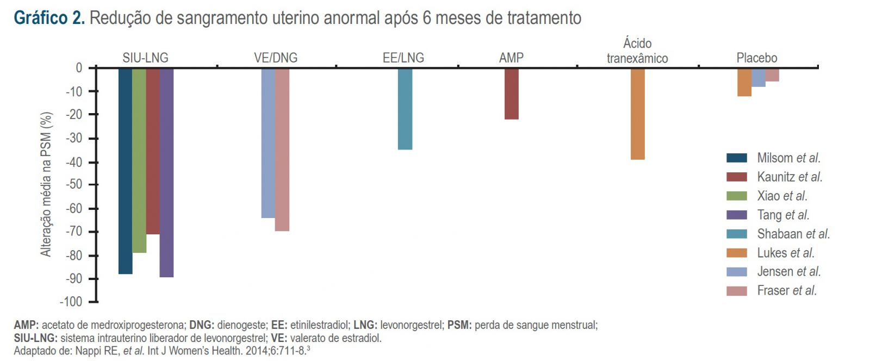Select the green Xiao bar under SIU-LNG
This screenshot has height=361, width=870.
point(139,160)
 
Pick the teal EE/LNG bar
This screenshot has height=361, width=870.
point(405,108)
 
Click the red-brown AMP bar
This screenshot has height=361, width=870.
point(511,93)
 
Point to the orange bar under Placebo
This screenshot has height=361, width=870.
point(744,82)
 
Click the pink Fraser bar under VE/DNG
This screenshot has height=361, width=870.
point(282,149)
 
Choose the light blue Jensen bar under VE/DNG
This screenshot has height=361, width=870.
point(268,142)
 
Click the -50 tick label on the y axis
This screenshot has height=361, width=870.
point(74,185)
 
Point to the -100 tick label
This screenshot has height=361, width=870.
point(71,302)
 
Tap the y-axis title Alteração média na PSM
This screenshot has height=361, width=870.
point(46,184)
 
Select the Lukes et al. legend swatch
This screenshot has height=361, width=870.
point(736,253)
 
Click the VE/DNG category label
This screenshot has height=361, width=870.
point(276,58)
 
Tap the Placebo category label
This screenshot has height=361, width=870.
point(756,58)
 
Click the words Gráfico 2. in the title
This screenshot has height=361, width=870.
point(49,18)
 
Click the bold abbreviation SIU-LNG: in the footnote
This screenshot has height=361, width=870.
point(35,338)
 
